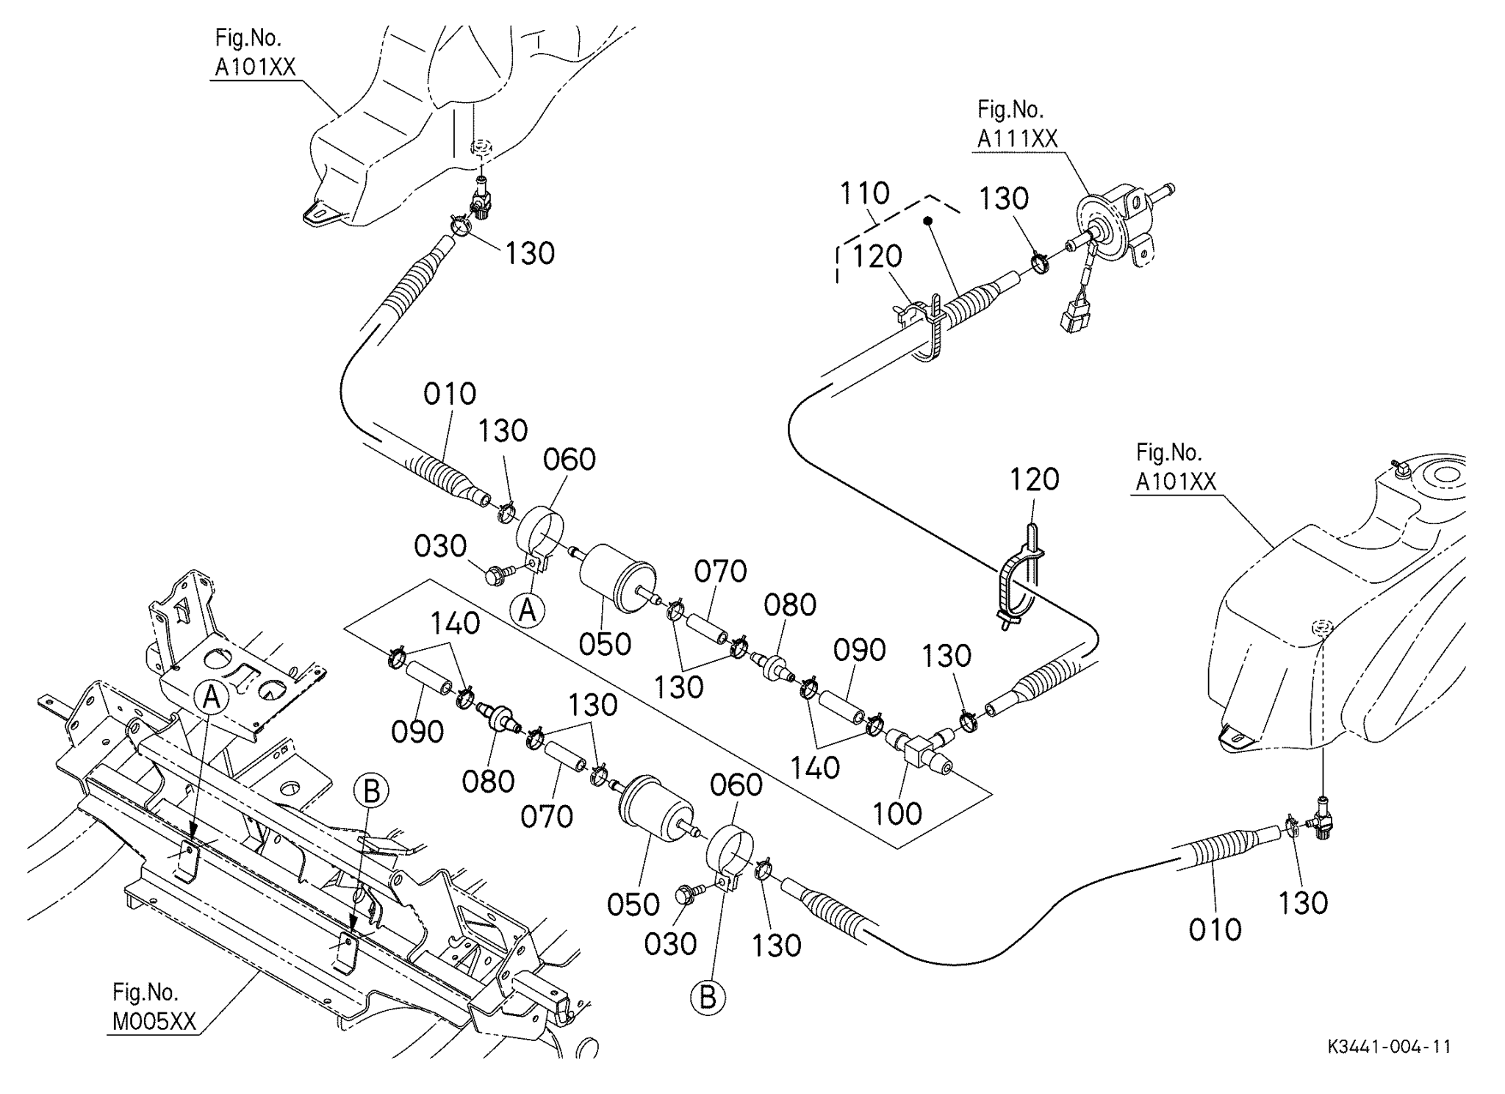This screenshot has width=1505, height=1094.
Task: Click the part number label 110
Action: (864, 193)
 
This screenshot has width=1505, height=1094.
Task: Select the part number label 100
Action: (897, 814)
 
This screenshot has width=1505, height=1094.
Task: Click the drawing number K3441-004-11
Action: (1389, 1047)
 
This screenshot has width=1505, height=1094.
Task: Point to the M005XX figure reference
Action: (154, 1022)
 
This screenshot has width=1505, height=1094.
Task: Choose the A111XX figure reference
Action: (1017, 138)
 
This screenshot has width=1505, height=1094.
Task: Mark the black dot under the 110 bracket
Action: (928, 221)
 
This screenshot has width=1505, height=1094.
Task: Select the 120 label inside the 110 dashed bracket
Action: (877, 257)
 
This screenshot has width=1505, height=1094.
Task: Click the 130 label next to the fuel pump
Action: (1004, 199)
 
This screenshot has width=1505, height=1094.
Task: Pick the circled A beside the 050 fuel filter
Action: (528, 610)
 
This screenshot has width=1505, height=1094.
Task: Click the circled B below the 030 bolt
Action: (708, 998)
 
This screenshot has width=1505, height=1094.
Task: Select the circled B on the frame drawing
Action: (371, 793)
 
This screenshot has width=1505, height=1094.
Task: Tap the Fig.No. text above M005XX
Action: (146, 993)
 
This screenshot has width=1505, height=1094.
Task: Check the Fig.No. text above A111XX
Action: (1010, 110)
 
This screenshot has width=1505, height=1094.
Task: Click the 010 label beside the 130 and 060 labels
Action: (450, 394)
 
